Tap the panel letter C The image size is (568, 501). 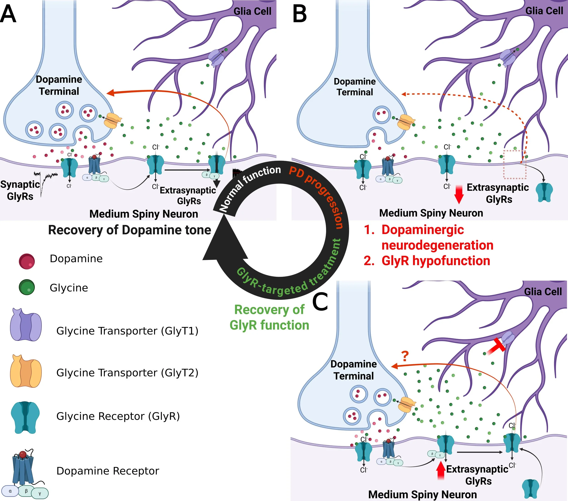point(320,302)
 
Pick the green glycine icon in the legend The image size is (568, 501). point(27,287)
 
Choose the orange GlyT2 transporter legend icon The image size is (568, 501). point(26,371)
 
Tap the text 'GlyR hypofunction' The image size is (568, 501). point(436,261)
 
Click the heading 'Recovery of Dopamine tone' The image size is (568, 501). point(130,230)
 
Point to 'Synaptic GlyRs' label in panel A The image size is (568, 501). point(20,190)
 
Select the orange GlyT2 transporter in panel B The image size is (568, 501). point(406,122)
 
